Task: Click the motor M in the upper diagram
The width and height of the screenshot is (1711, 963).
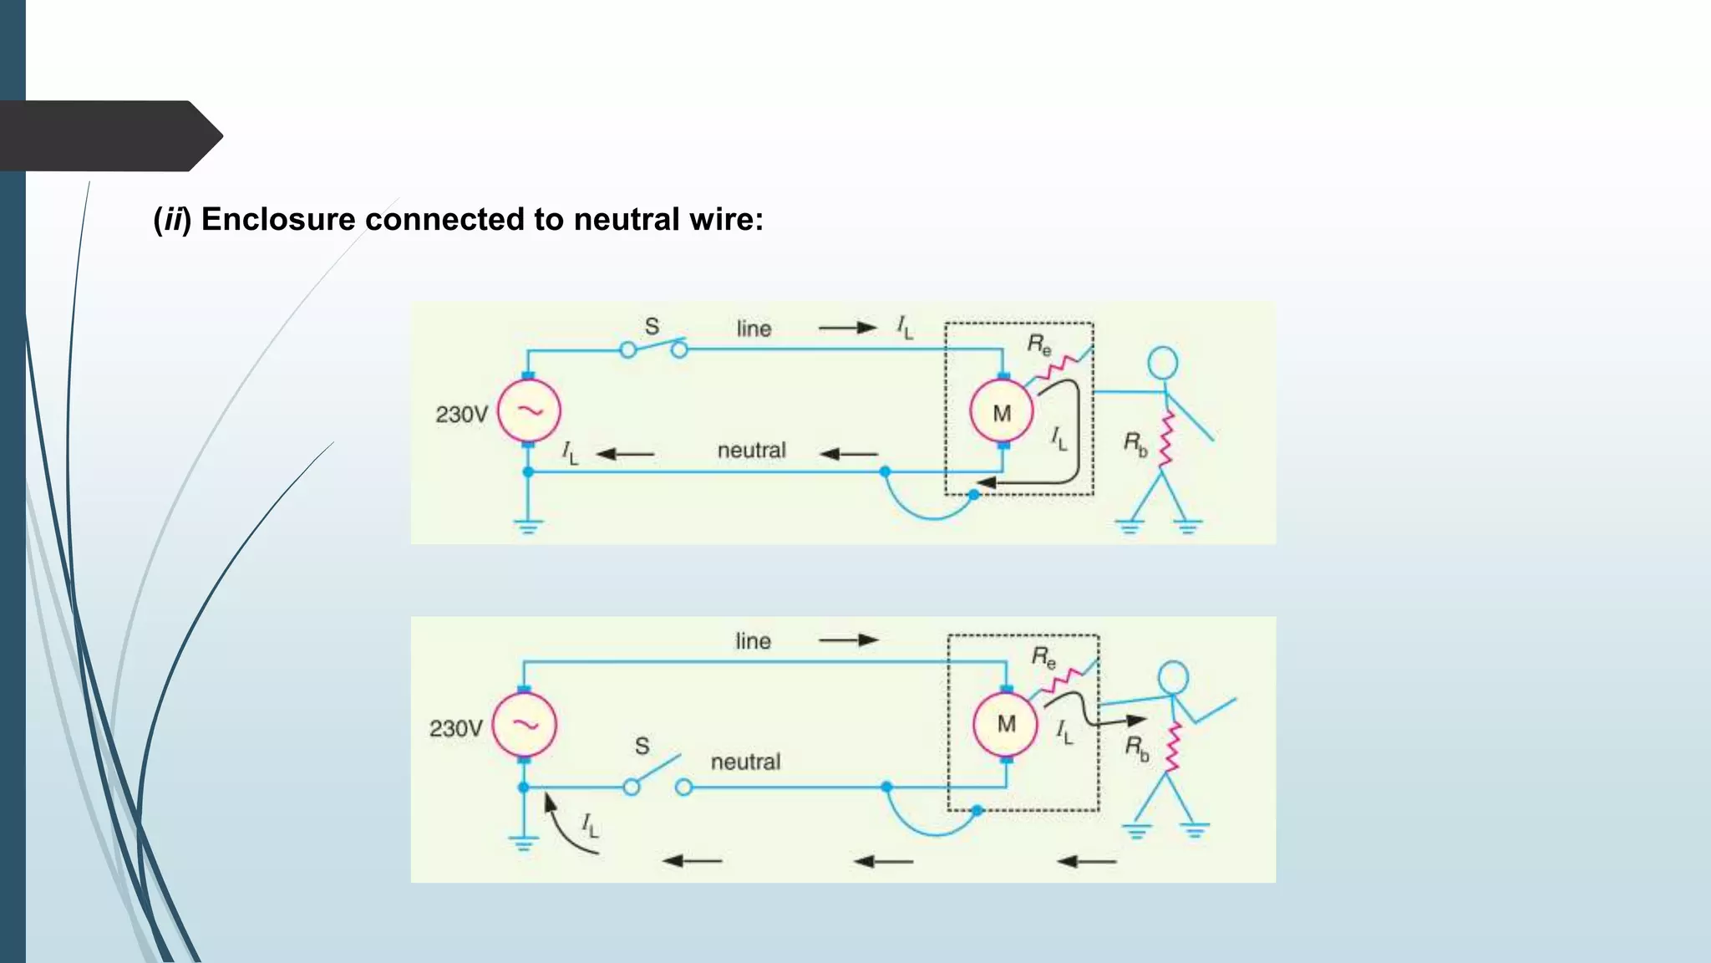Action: click(1002, 412)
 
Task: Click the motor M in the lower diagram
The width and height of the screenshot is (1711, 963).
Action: click(1006, 724)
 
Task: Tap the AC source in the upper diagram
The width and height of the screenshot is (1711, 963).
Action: click(529, 410)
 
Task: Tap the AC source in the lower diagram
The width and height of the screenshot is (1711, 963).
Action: click(524, 725)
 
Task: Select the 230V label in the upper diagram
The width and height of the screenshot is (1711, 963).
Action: click(461, 415)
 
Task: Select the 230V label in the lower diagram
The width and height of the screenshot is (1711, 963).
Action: click(455, 729)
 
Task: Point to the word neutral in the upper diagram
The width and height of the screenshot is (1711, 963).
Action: click(751, 451)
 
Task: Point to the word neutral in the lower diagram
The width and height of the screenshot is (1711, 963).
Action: click(745, 762)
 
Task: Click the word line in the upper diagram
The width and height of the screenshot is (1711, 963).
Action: click(754, 329)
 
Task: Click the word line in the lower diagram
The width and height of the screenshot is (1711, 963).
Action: click(753, 641)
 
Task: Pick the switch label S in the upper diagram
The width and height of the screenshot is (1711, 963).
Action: click(652, 327)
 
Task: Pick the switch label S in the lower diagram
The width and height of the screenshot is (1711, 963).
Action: click(642, 746)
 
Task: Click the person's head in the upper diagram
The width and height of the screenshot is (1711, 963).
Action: click(1162, 363)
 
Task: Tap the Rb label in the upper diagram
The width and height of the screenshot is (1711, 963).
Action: click(1135, 443)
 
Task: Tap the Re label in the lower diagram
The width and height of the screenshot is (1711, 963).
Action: click(1043, 657)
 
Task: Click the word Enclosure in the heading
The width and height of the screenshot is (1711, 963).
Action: click(278, 220)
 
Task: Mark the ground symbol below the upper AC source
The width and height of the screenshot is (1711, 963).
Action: click(528, 527)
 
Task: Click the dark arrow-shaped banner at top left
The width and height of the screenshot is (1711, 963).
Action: click(109, 135)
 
